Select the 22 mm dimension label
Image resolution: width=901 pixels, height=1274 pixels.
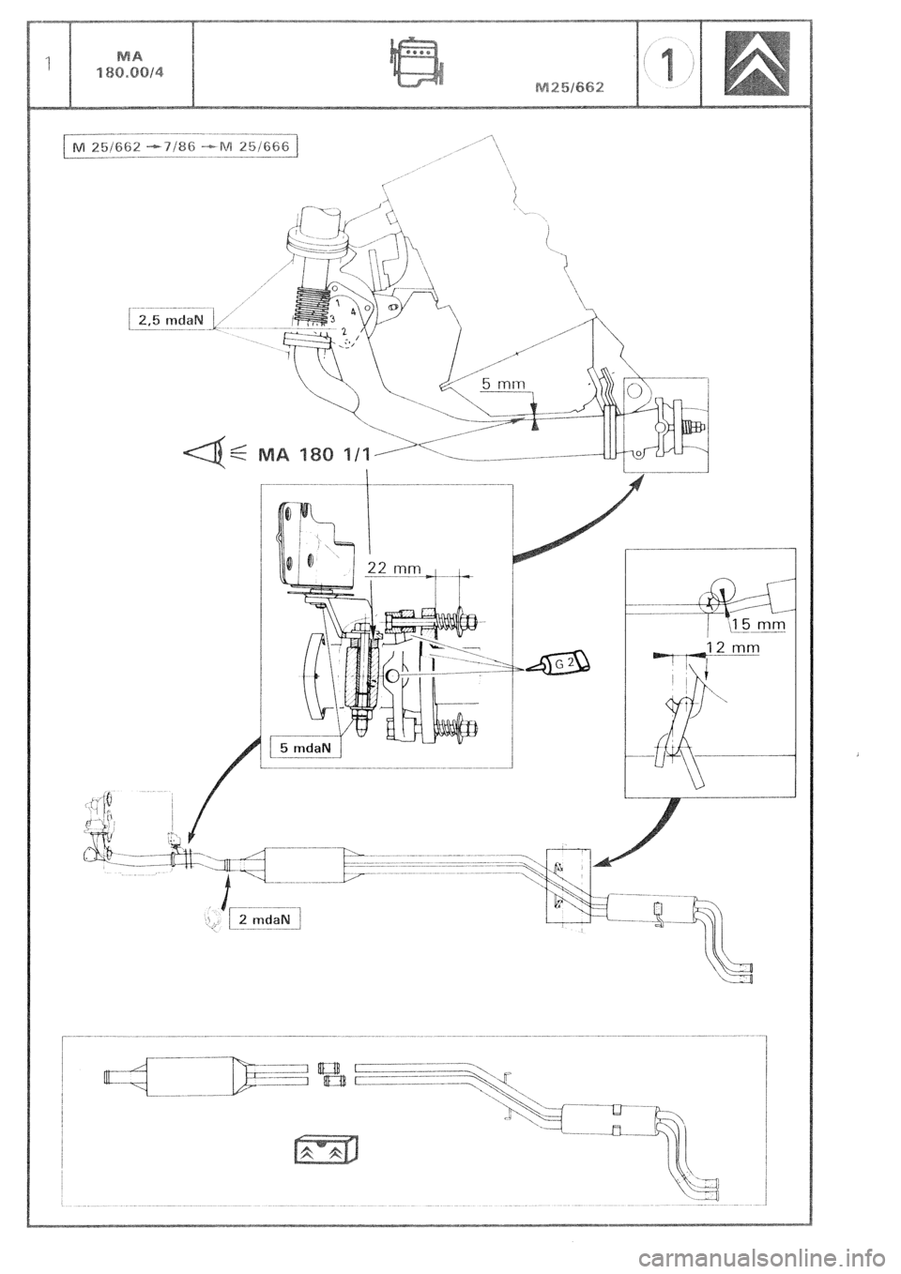[x=396, y=568]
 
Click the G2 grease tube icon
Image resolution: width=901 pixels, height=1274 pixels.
[x=564, y=661]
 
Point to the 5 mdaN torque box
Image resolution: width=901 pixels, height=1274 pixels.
[x=303, y=748]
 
